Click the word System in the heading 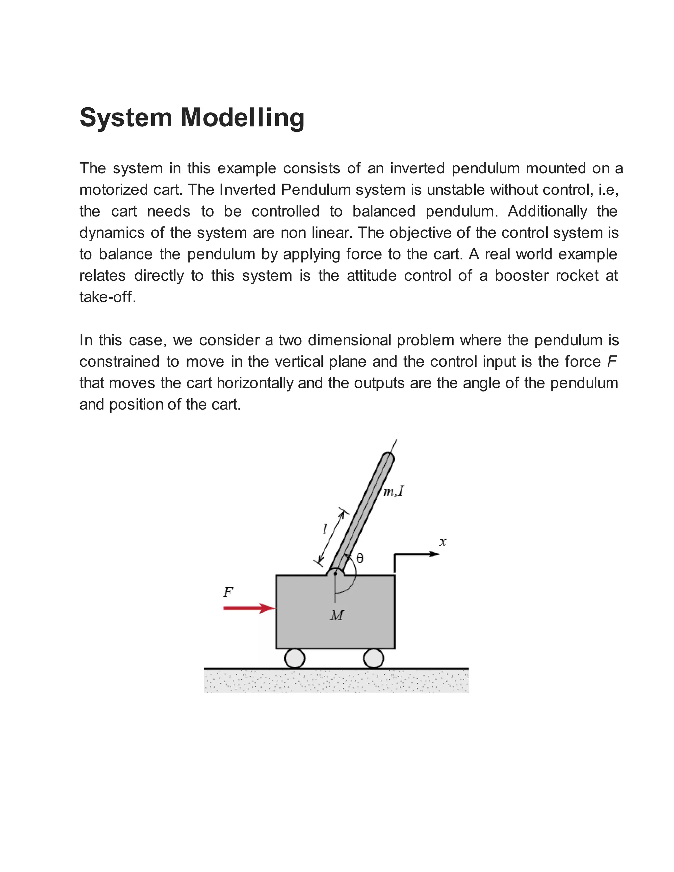click(x=125, y=118)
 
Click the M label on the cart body click(x=337, y=616)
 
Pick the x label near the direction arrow click(x=442, y=542)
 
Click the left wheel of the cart click(x=295, y=658)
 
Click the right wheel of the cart click(x=373, y=658)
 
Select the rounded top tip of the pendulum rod click(x=387, y=458)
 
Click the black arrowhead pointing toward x click(x=434, y=554)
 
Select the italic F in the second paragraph click(x=611, y=361)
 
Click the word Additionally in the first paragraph click(x=547, y=211)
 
